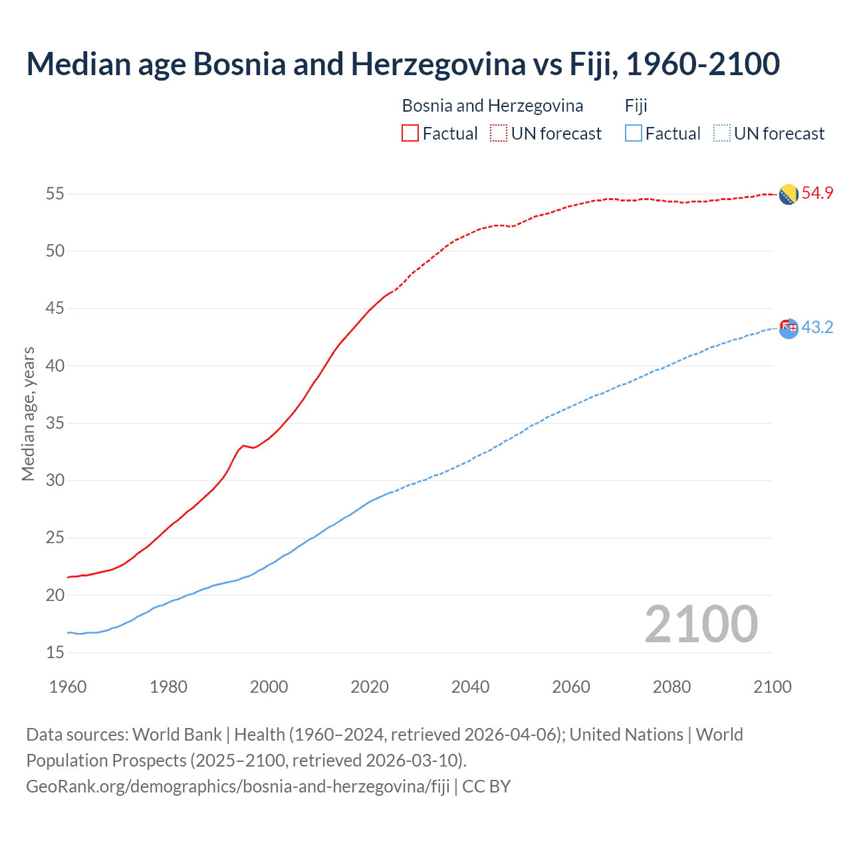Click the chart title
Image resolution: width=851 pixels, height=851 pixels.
(x=402, y=64)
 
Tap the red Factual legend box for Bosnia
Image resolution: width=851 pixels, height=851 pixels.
(x=410, y=134)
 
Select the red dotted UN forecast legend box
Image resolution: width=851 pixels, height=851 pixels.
(x=499, y=134)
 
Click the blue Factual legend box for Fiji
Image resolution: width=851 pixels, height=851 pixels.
(x=634, y=134)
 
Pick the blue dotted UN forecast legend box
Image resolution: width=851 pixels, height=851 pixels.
(x=721, y=134)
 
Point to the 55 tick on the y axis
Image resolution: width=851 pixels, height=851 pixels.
(x=55, y=194)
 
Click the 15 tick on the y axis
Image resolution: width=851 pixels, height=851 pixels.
(x=55, y=653)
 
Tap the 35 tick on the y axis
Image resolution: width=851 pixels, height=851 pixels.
(x=55, y=424)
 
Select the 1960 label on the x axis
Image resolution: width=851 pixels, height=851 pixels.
(x=68, y=687)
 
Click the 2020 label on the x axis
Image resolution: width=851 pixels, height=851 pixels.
(x=370, y=687)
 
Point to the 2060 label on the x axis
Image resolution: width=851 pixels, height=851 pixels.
(x=571, y=687)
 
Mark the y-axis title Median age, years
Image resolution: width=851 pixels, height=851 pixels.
(x=28, y=414)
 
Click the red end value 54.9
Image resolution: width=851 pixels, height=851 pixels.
(x=817, y=193)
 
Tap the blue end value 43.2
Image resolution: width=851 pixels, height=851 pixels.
(x=817, y=328)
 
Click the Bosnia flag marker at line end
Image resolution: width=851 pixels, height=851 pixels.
(x=789, y=195)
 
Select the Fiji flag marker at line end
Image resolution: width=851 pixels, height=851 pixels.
(x=789, y=328)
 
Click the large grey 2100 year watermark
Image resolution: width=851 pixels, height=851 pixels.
(x=701, y=624)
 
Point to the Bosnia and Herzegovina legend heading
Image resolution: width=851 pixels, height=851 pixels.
(x=492, y=106)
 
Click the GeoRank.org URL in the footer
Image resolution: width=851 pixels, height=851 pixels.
(x=238, y=787)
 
